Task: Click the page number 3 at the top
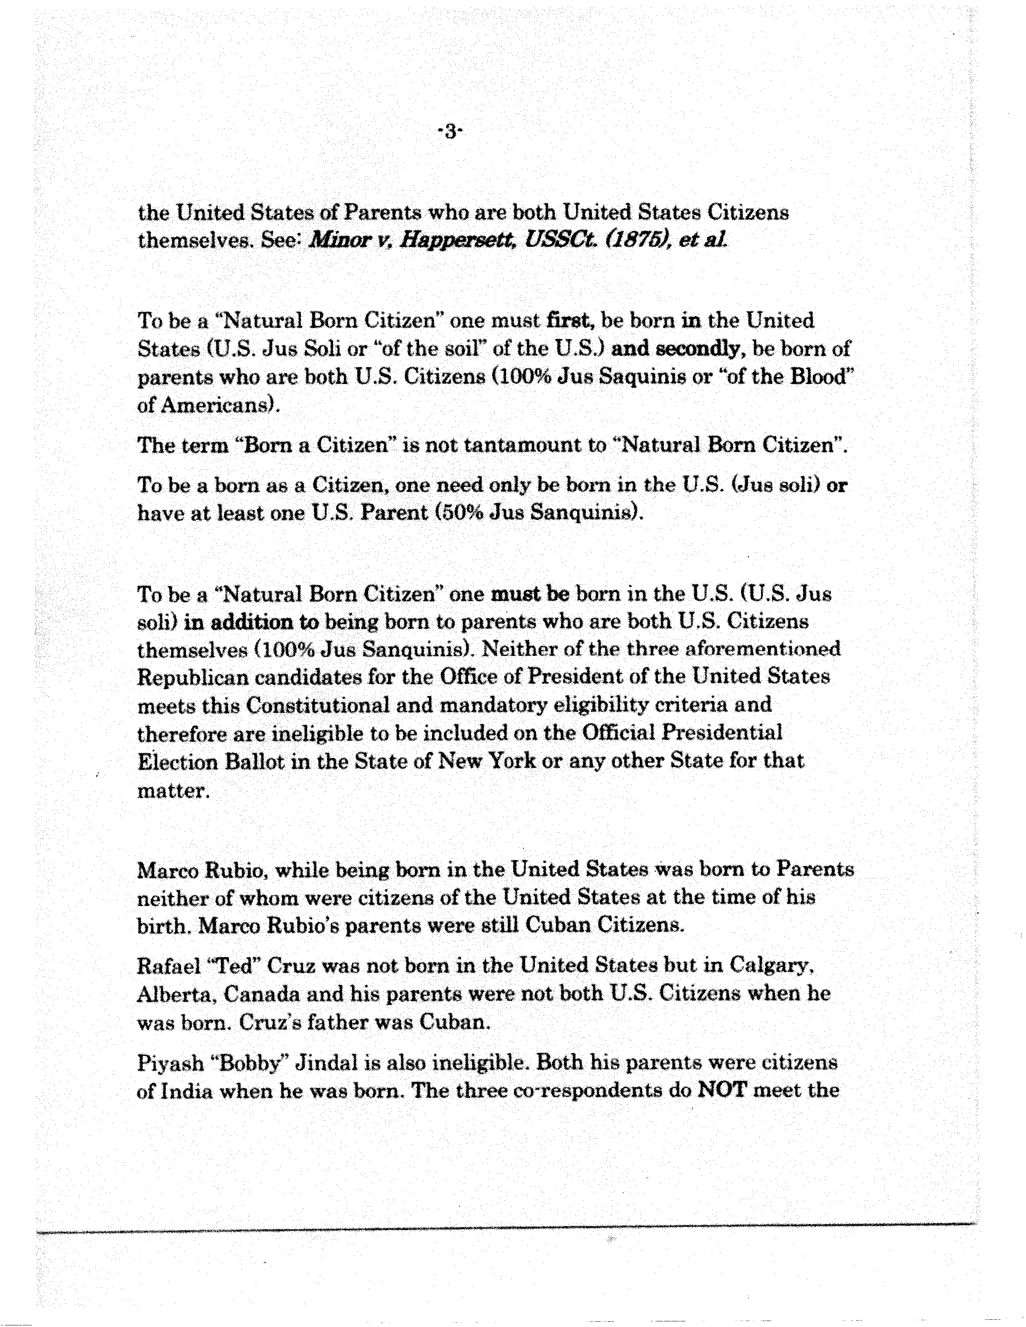click(450, 132)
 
